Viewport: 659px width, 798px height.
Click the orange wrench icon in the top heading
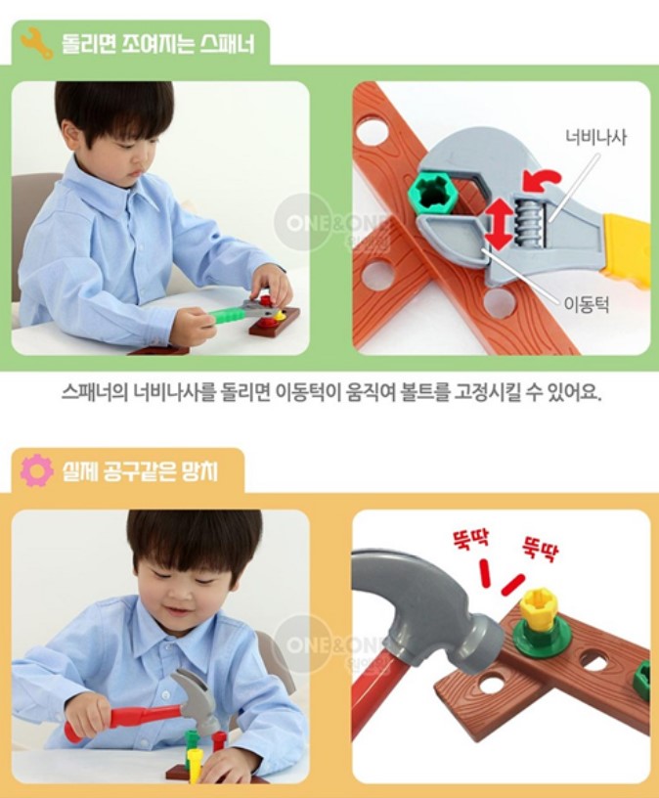coord(37,43)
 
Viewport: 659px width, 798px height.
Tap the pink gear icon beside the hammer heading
coord(36,470)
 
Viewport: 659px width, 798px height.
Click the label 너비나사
coord(596,138)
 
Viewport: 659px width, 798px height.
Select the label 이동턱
coord(587,304)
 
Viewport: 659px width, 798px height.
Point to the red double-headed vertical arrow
coord(499,225)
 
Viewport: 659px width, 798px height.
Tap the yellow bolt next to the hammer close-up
coord(540,609)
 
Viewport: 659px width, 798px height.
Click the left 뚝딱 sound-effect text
coord(470,538)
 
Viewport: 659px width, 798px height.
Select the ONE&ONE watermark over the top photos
coord(331,224)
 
